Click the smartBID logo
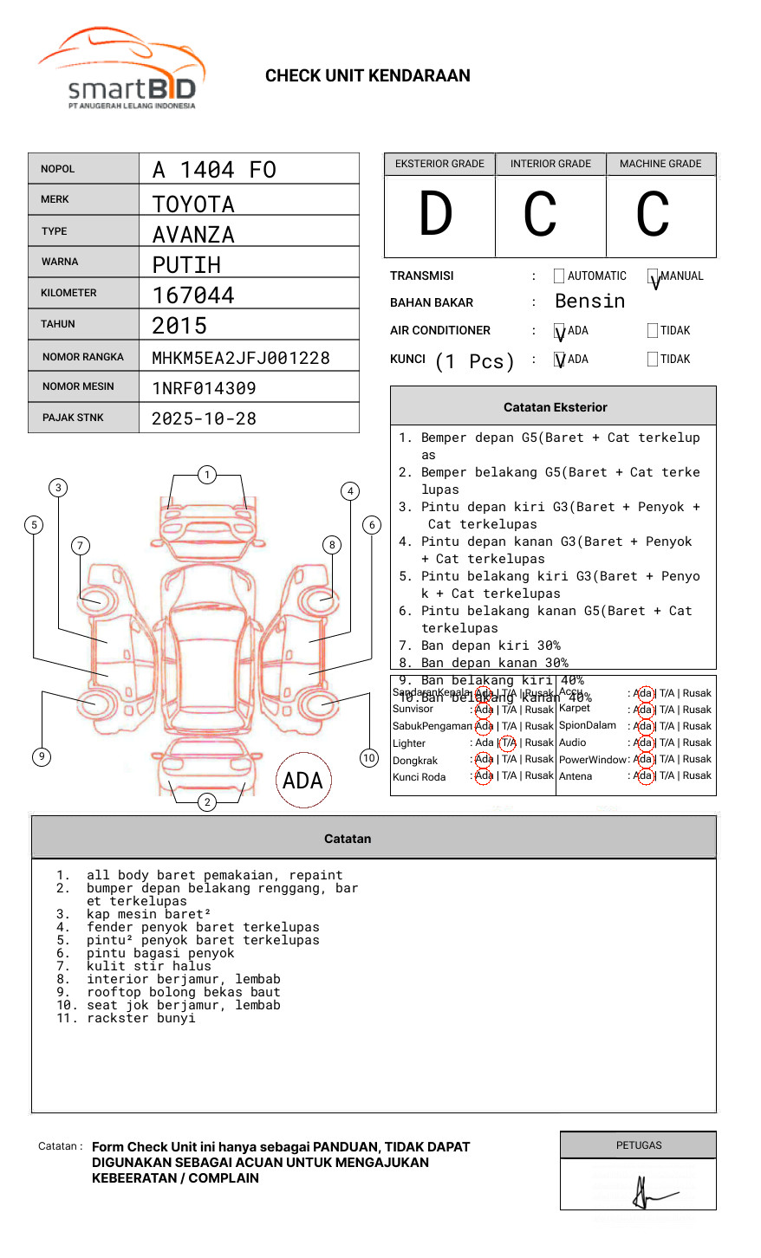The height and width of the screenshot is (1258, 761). point(121,69)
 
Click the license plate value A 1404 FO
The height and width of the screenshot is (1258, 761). point(214,170)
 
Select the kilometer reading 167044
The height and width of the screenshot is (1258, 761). point(193,295)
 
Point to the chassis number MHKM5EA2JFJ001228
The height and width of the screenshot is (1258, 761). point(241,358)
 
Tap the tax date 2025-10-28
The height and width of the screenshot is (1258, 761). point(204,419)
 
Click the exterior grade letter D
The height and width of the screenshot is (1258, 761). point(436,215)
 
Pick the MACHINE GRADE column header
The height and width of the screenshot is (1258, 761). point(660,164)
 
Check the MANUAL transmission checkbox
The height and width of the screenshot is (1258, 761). point(653,276)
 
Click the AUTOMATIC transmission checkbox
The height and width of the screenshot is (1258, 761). point(559,276)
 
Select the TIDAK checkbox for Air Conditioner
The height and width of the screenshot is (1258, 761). point(653,331)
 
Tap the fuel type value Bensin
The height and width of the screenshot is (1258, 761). point(589,302)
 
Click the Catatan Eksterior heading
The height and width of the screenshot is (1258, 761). point(555,407)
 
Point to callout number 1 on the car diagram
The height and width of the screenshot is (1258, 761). point(206,475)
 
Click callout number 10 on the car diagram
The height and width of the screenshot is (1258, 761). point(369,758)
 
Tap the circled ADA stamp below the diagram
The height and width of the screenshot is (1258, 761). point(302,781)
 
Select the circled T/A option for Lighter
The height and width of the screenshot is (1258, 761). point(508,742)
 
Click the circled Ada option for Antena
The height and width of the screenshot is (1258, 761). point(643,776)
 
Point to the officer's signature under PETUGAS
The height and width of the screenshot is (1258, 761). point(646,1193)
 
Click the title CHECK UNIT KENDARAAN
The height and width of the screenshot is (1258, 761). point(367,76)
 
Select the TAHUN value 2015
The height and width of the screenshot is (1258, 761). point(179,327)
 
